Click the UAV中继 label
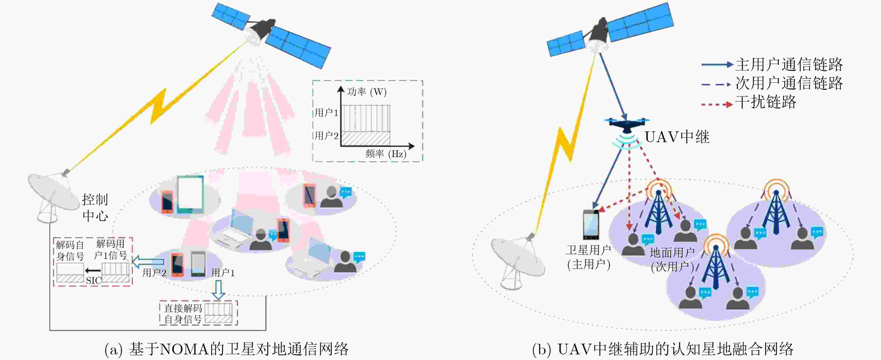(x=677, y=137)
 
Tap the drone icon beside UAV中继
(x=626, y=125)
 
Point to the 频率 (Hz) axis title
(x=386, y=154)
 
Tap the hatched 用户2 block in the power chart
(x=366, y=138)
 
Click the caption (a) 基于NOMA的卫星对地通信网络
(x=226, y=350)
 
